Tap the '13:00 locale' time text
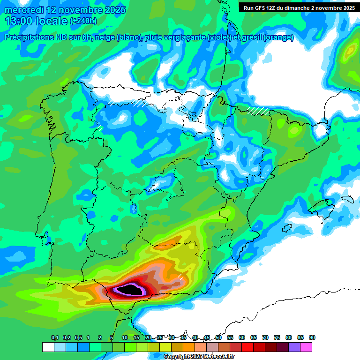(36, 21)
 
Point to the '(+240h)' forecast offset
(83, 21)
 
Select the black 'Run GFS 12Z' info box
(298, 7)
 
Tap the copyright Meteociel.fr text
(199, 357)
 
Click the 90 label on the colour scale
(312, 337)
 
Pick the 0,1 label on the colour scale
(54, 337)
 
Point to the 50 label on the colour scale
(218, 337)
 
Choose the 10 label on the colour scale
(125, 337)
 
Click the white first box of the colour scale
(48, 347)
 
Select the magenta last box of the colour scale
(306, 347)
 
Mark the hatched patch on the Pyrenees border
(258, 111)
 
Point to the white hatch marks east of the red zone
(180, 277)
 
